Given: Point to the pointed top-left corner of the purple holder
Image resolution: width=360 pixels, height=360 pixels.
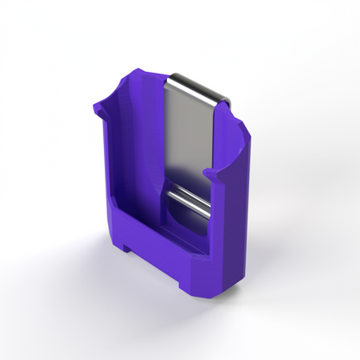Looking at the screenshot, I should [138, 69].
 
